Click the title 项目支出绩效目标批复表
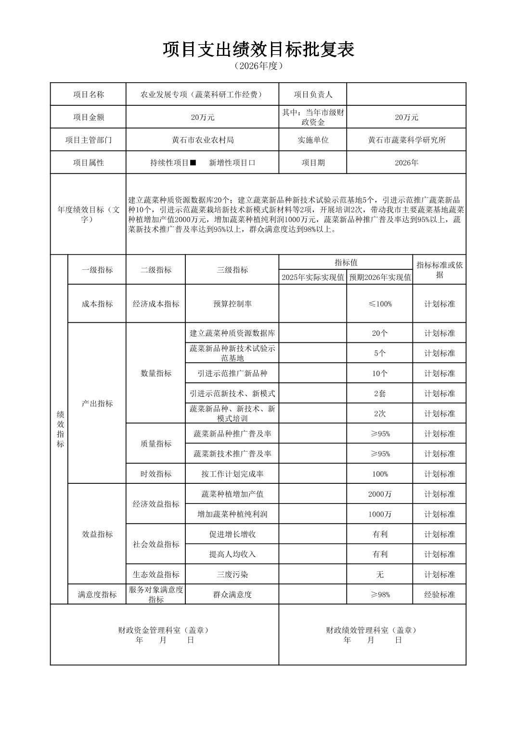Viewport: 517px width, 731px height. tap(258, 49)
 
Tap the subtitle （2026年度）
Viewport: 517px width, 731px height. tap(258, 66)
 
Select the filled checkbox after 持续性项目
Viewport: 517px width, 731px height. tap(193, 163)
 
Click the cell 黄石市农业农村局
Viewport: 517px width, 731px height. tap(203, 140)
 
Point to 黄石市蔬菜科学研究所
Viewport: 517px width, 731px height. tap(406, 140)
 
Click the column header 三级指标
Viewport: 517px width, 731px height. tap(232, 270)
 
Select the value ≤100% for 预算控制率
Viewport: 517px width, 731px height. tap(380, 304)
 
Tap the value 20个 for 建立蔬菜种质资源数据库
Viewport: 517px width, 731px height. tap(380, 333)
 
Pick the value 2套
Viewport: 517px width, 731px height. tap(380, 393)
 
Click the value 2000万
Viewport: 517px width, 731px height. tap(380, 494)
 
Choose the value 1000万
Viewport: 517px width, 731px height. tap(380, 514)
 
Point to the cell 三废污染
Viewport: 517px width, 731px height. tap(232, 574)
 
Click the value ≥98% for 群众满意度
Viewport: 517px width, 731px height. tap(380, 594)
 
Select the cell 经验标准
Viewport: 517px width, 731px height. tap(439, 594)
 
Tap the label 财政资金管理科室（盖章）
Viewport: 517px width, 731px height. tap(165, 630)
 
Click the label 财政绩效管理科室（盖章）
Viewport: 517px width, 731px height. tap(372, 630)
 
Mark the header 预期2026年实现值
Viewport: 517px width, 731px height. tap(380, 277)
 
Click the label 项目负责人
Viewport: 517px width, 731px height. tap(313, 94)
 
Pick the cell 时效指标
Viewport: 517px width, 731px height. tap(156, 474)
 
